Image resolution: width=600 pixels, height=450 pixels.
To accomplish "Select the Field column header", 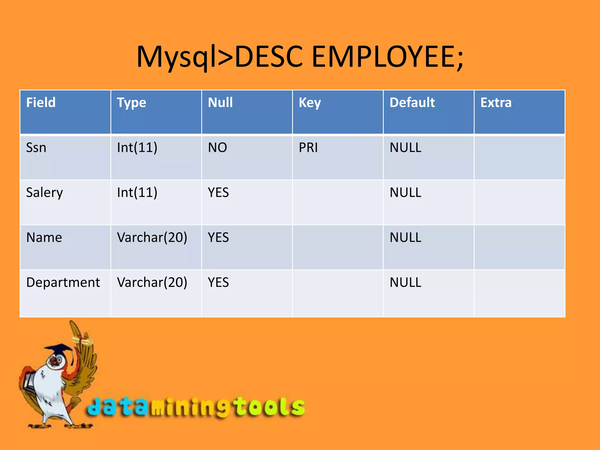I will pos(41,103).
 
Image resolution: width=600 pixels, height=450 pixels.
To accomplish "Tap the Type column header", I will pos(132,103).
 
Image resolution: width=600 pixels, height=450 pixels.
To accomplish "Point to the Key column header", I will pos(310,103).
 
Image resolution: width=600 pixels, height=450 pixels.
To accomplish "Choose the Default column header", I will pos(412,103).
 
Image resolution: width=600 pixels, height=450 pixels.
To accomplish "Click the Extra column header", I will pos(496,103).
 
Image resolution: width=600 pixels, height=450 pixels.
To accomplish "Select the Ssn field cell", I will pos(36,147).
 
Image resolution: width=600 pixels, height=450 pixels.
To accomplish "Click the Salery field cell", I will pos(45,193).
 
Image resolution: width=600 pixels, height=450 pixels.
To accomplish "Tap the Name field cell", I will pos(44,237).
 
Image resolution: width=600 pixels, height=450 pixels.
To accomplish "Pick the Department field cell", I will pos(63,282).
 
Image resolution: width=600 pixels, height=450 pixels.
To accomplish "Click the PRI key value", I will pos(308,147).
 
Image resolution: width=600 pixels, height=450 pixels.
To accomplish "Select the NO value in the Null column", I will pos(217,147).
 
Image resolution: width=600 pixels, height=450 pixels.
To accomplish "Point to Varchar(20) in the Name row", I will pos(152,237).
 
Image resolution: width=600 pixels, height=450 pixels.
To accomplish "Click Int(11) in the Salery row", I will pos(137,192).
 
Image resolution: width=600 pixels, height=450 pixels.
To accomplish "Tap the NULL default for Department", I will pos(405,282).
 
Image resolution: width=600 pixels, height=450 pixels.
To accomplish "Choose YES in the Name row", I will pos(218,237).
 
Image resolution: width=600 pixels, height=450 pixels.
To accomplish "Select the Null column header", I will pos(220,103).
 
